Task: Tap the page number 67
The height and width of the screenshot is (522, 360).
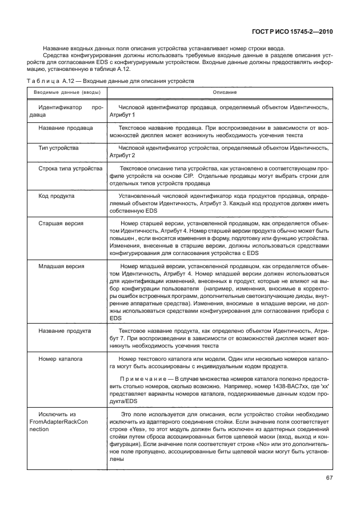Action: pyautogui.click(x=327, y=478)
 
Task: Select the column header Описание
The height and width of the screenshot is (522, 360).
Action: pyautogui.click(x=225, y=92)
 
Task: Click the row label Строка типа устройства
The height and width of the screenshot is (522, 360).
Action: pyautogui.click(x=70, y=169)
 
